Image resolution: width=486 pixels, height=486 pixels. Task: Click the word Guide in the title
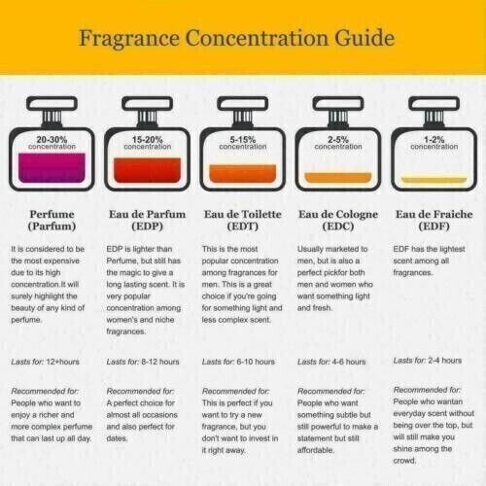tap(364, 38)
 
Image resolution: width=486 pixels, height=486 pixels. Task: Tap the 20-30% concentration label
tap(52, 143)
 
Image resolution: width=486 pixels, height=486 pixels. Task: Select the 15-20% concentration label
tap(148, 143)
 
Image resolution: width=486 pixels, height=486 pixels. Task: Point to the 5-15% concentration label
tap(243, 143)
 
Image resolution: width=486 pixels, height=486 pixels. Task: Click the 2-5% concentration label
tap(338, 143)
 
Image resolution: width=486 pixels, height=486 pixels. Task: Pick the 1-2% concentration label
tap(434, 143)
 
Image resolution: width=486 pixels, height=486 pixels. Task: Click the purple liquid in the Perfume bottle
tap(52, 168)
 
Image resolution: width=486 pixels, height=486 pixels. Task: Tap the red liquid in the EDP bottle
tap(148, 170)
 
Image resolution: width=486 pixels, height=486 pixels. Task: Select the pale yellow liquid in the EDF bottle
tap(434, 180)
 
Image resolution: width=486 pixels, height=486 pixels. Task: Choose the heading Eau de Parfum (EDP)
tap(148, 220)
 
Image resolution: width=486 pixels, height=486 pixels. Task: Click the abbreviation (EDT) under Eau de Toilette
tap(243, 226)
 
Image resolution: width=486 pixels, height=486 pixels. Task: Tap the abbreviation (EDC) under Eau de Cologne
tap(338, 226)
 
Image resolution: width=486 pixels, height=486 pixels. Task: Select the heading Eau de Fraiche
tap(434, 214)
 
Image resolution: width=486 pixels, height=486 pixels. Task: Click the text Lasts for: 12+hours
tap(46, 362)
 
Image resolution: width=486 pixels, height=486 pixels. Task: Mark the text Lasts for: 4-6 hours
tap(331, 362)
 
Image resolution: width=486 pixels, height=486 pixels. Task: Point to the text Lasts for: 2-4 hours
tap(428, 361)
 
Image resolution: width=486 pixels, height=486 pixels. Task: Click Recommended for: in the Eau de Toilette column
tap(236, 391)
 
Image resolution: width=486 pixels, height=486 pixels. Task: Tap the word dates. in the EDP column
tap(117, 438)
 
